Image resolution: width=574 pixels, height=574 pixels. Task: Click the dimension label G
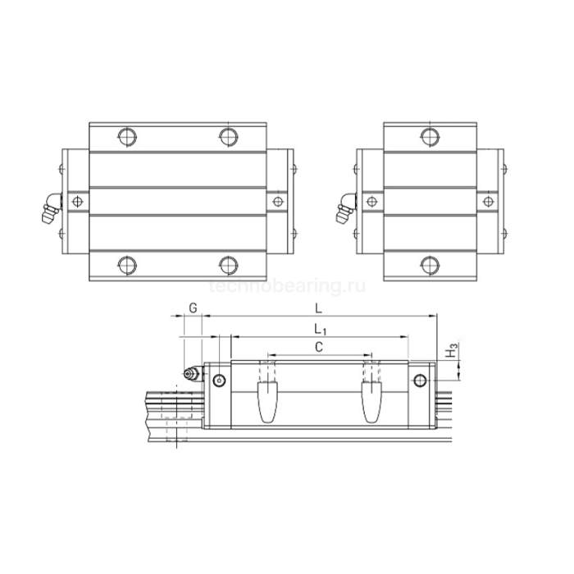point(191,307)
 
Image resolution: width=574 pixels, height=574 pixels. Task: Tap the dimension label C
point(319,347)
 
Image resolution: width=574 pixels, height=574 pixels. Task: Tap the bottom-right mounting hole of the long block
point(228,264)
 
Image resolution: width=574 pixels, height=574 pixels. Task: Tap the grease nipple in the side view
point(190,375)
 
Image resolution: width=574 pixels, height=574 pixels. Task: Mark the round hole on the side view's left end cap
point(218,380)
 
